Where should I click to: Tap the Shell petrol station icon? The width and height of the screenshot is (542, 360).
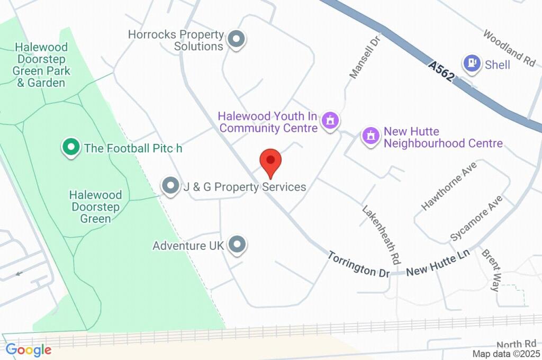click(471, 64)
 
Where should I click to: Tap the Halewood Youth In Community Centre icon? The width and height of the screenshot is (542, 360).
click(331, 120)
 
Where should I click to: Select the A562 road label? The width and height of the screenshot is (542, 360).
click(441, 71)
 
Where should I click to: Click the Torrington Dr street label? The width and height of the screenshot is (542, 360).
click(358, 264)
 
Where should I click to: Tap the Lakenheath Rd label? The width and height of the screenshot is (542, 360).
click(381, 235)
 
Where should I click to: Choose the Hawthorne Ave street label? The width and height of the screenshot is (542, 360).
click(449, 186)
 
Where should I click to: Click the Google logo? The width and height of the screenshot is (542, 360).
click(28, 350)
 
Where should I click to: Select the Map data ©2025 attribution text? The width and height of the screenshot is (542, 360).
click(505, 354)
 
